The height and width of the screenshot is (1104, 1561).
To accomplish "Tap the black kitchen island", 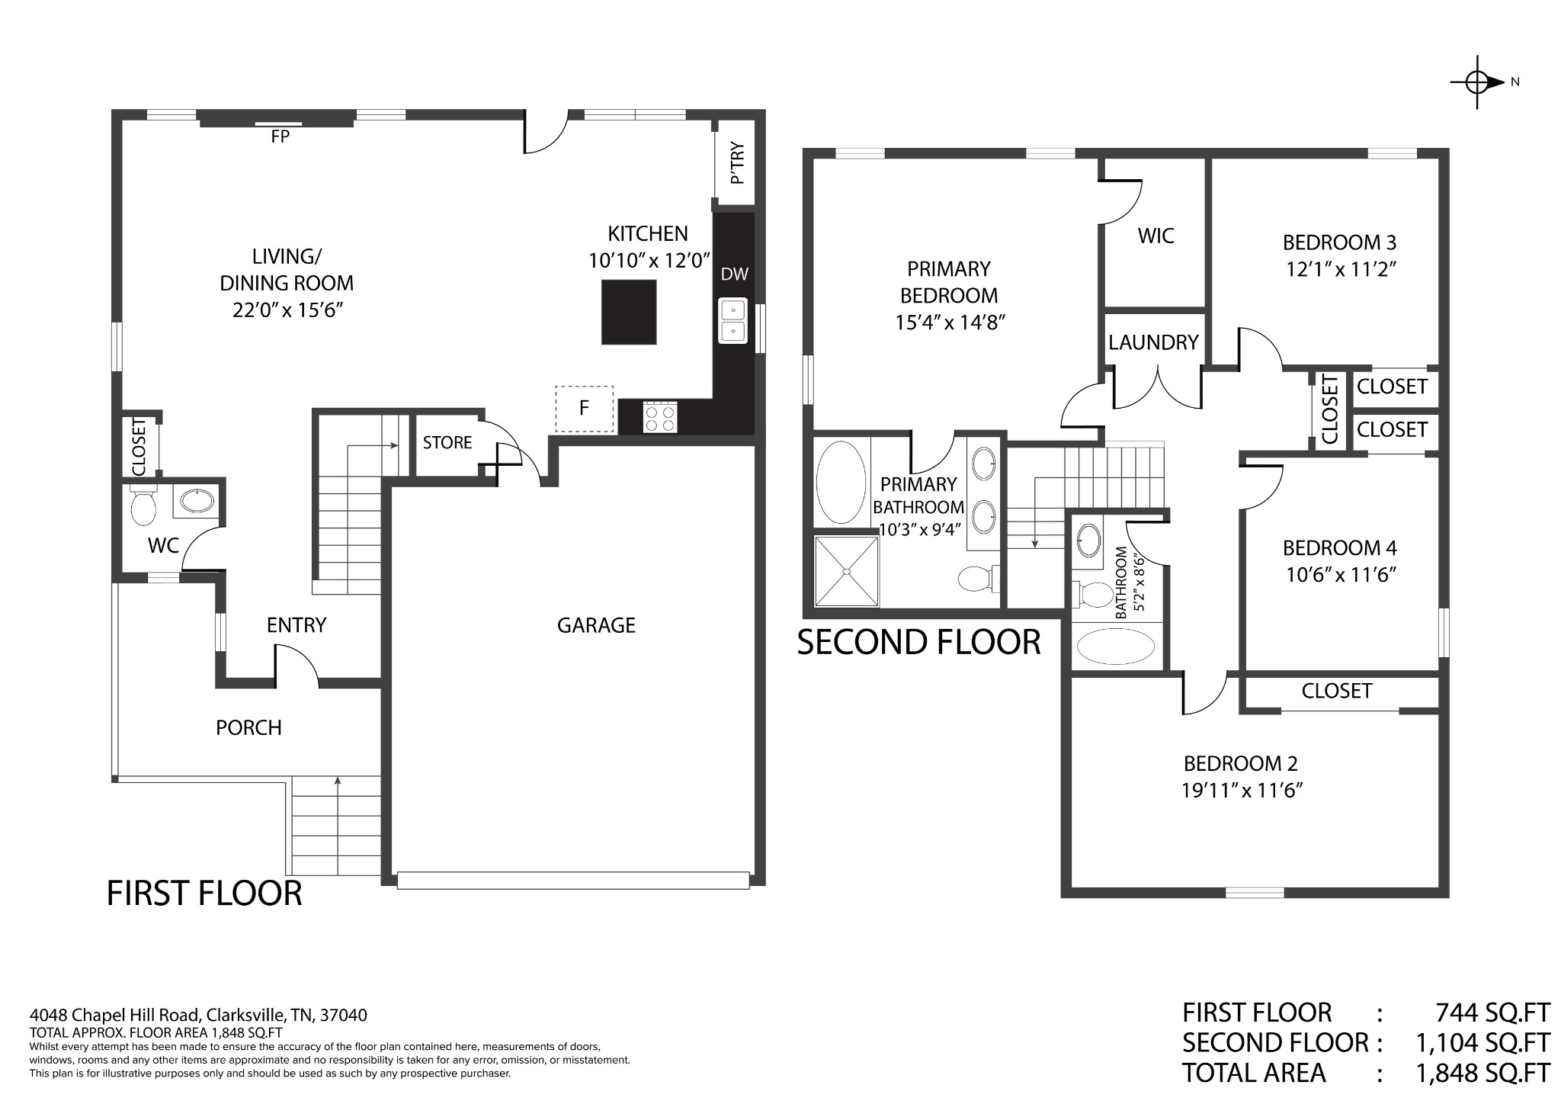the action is pyautogui.click(x=629, y=312).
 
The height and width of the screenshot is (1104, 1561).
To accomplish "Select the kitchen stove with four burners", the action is pyautogui.click(x=660, y=417).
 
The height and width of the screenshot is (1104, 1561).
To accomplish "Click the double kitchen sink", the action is pyautogui.click(x=732, y=320).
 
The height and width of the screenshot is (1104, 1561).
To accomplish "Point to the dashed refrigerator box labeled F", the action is pyautogui.click(x=585, y=409).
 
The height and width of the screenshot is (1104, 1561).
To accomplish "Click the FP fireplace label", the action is pyautogui.click(x=280, y=137).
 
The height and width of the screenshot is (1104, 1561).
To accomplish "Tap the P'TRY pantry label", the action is pyautogui.click(x=737, y=162).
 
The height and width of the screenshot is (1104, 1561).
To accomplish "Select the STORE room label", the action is pyautogui.click(x=447, y=443).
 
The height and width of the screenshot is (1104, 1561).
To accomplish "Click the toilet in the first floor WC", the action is pyautogui.click(x=143, y=505).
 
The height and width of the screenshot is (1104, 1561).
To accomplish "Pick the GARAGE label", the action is pyautogui.click(x=596, y=625).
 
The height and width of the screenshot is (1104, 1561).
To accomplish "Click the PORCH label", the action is pyautogui.click(x=248, y=728).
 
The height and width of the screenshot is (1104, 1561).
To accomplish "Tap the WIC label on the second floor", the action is pyautogui.click(x=1156, y=236).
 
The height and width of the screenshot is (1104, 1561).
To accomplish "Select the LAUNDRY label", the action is pyautogui.click(x=1153, y=342).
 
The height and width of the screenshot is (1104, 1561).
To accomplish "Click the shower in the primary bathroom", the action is pyautogui.click(x=846, y=571).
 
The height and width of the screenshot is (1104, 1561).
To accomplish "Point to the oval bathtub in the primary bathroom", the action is pyautogui.click(x=841, y=483).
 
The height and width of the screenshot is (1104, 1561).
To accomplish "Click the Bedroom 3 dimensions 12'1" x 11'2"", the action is pyautogui.click(x=1341, y=270).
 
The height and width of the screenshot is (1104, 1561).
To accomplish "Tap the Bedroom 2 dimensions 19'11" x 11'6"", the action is pyautogui.click(x=1242, y=791).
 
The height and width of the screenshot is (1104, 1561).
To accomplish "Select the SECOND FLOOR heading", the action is pyautogui.click(x=918, y=642).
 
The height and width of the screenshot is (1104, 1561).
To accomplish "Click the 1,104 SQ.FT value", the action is pyautogui.click(x=1482, y=1042).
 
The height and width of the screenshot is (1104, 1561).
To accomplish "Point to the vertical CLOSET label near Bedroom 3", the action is pyautogui.click(x=1330, y=409).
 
